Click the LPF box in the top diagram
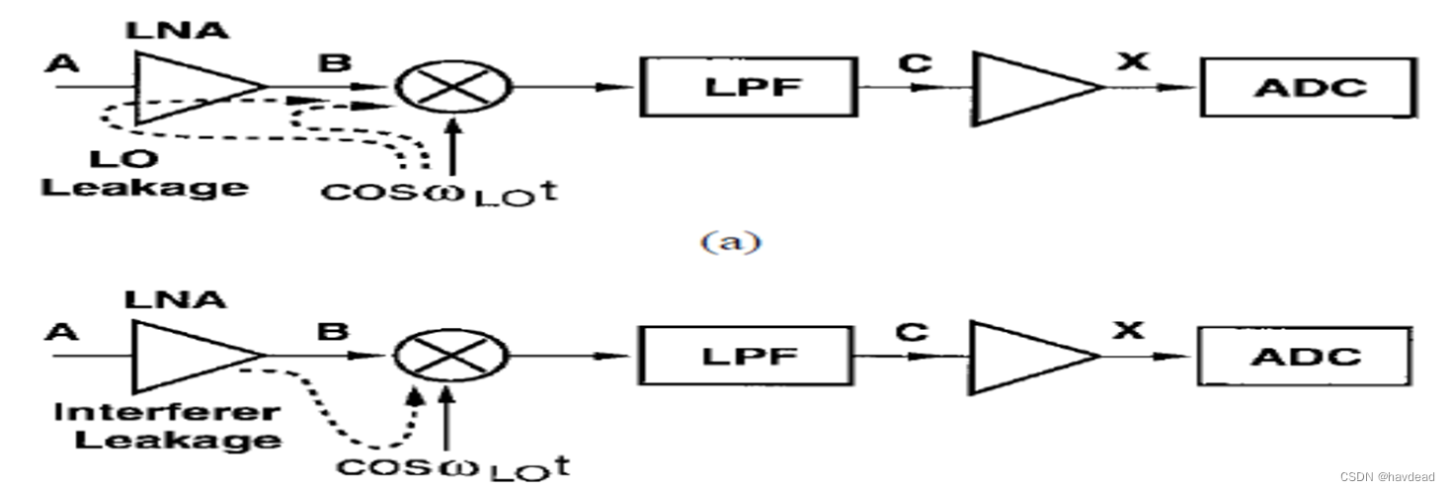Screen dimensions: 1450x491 tap(747, 87)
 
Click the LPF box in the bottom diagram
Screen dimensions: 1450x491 tap(747, 357)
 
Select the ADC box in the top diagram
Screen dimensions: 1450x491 tap(1308, 87)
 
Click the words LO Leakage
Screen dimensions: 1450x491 tap(143, 173)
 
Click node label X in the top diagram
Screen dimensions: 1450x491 tap(1133, 61)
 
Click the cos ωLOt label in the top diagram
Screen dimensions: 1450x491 tap(439, 190)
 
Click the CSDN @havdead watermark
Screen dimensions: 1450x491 tap(1380, 477)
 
